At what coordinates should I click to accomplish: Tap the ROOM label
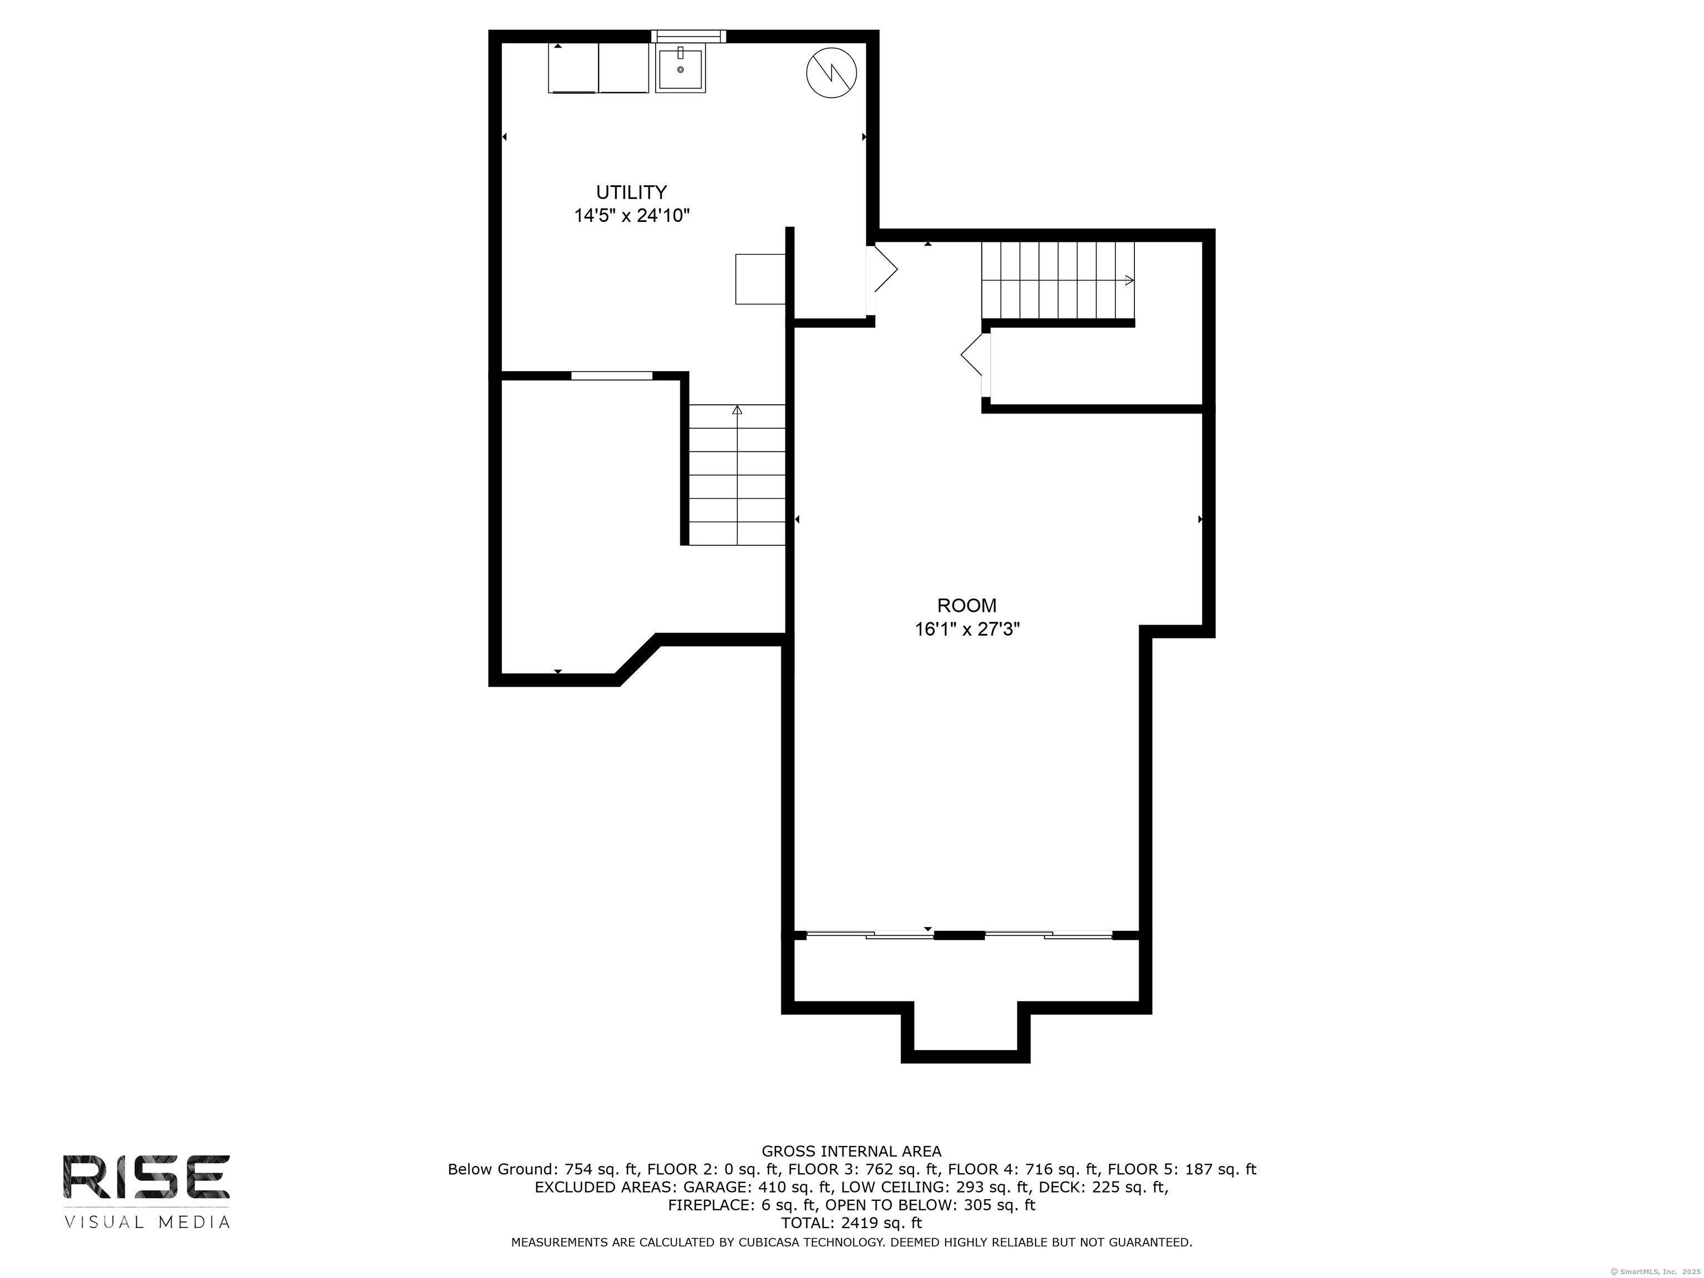[967, 606]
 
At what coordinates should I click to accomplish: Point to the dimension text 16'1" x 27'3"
[967, 630]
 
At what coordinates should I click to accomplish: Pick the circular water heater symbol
[831, 73]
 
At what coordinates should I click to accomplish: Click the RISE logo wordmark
[146, 1176]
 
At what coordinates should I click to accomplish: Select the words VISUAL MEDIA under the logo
[146, 1222]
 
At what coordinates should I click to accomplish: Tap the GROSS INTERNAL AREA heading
[851, 1151]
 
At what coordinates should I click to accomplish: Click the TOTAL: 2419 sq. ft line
[851, 1223]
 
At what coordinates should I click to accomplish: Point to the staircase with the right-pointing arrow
[1058, 281]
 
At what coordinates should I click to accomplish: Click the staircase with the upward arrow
[737, 474]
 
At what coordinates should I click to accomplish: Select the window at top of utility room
[688, 35]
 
